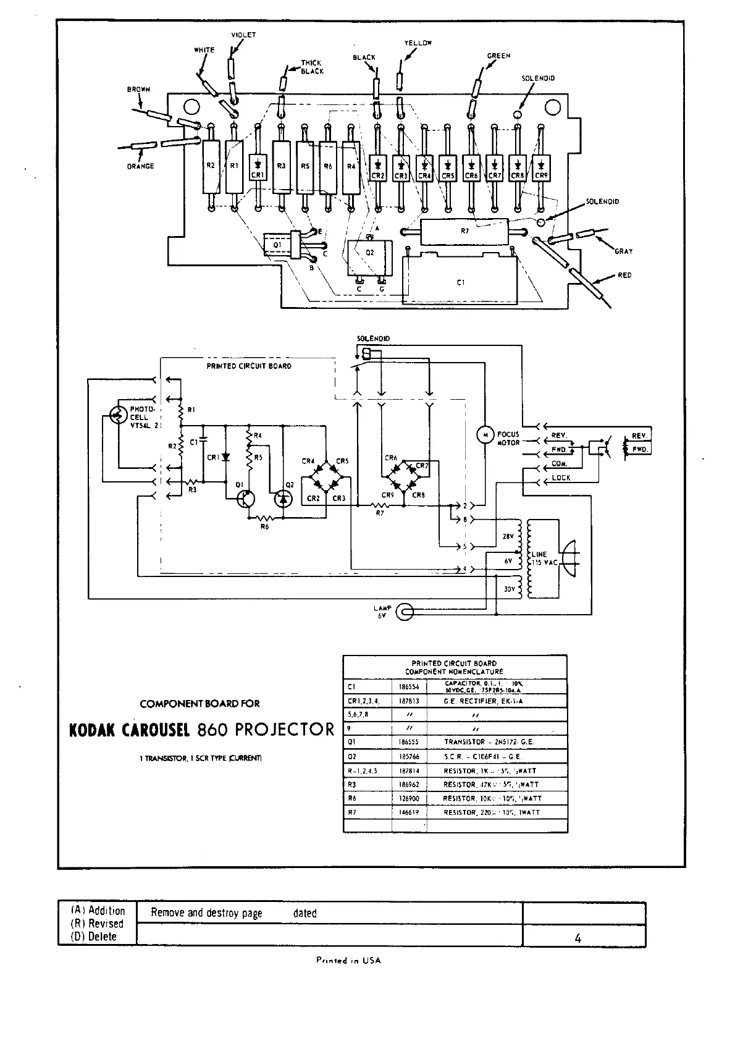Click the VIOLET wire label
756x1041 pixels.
[243, 35]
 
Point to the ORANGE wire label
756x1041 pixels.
[141, 166]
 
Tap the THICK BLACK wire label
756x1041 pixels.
[312, 67]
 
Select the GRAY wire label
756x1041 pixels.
[623, 251]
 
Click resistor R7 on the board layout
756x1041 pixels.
[465, 232]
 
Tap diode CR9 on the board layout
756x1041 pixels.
[541, 166]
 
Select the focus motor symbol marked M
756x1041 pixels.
[484, 435]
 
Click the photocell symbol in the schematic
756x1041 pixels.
[118, 415]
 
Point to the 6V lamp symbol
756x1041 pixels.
[405, 613]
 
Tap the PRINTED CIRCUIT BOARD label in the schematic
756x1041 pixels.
[249, 366]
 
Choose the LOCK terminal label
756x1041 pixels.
[561, 478]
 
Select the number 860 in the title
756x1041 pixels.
[213, 730]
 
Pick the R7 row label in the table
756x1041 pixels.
[353, 812]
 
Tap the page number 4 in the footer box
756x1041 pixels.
[577, 938]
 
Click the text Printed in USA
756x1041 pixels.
[348, 960]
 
